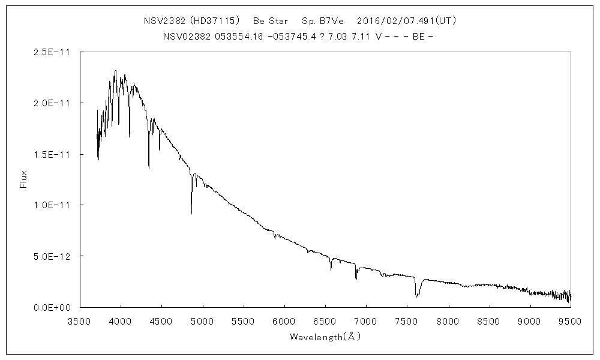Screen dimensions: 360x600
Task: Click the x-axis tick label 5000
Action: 202,321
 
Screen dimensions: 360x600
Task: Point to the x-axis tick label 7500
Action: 407,321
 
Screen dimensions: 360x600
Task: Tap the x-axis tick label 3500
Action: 79,321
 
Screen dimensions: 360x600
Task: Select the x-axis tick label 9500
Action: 570,321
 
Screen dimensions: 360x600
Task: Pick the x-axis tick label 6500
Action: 325,321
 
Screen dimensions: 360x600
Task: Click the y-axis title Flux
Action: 24,179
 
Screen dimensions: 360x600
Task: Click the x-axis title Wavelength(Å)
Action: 325,337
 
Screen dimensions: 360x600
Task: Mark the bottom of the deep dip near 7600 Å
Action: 416,296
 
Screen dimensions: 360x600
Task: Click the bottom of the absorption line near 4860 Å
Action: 191,213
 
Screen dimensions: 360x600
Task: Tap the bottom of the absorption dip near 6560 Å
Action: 331,270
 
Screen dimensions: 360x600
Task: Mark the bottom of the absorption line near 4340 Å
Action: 149,167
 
